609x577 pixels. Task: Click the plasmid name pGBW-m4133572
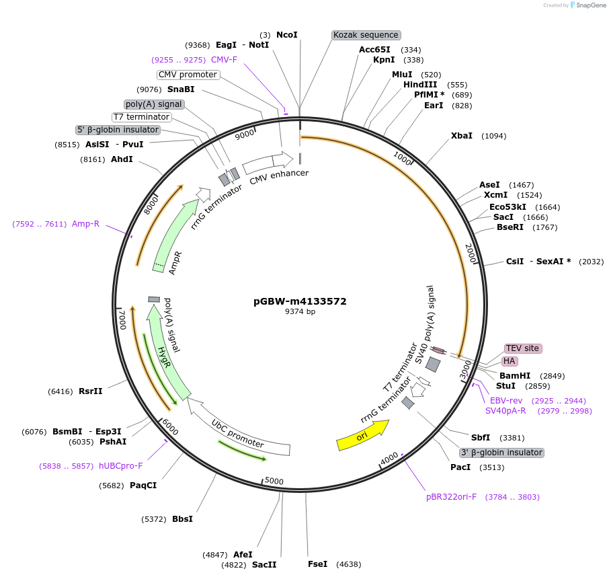click(300, 301)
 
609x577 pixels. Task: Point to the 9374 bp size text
click(300, 311)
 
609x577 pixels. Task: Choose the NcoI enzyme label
click(286, 34)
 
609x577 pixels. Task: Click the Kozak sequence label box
click(366, 35)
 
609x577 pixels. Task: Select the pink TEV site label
click(522, 348)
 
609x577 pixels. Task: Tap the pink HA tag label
click(510, 361)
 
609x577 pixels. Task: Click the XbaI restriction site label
click(462, 136)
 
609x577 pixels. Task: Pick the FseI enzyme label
click(317, 564)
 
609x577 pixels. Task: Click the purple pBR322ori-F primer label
click(451, 497)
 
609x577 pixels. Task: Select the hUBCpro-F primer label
click(121, 465)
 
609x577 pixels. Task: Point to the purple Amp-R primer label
click(85, 224)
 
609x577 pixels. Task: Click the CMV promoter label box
click(188, 75)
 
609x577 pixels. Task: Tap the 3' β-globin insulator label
click(501, 453)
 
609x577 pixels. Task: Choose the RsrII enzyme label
click(90, 391)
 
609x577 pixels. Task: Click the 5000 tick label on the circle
click(274, 481)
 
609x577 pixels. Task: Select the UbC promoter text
click(237, 434)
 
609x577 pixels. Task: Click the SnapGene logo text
click(588, 5)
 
